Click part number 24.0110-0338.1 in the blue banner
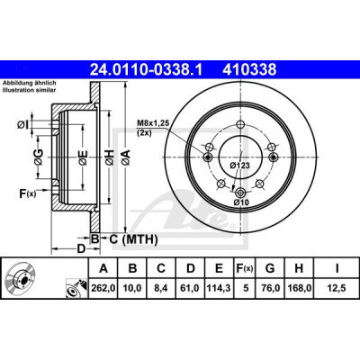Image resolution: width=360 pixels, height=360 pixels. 147,69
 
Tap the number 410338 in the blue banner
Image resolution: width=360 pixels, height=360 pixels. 249,69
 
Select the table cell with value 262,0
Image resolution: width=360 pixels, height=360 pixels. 103,288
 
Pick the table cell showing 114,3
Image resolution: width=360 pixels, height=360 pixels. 219,288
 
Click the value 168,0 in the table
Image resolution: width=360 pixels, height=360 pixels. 299,288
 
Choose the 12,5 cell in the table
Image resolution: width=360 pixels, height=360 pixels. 337,288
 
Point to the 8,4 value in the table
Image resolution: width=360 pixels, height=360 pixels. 161,288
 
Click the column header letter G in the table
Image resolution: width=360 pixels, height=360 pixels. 270,268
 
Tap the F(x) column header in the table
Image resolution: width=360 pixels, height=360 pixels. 244,268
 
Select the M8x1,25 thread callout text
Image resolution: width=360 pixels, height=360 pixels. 153,122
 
